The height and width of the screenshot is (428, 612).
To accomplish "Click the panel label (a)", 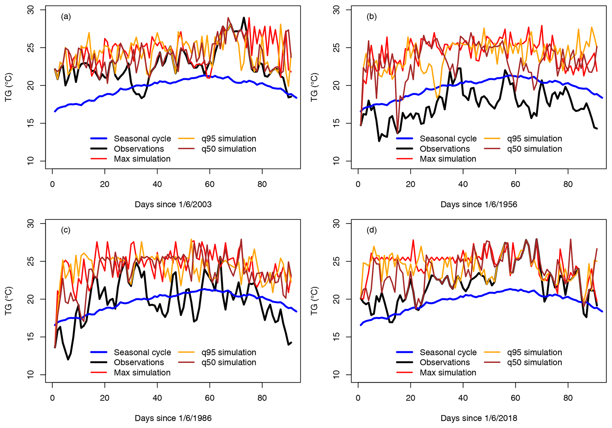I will pos(66,17).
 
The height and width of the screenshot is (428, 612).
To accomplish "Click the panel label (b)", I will pos(372,17).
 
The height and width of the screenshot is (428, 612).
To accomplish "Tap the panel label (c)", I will pos(66,230).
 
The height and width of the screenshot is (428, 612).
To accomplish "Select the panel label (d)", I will pos(372,230).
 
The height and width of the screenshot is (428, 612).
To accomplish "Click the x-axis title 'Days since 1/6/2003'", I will pos(173,204).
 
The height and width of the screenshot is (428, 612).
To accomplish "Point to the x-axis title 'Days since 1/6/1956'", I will pos(479,204).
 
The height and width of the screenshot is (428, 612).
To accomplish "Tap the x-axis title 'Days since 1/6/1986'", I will pos(173,418).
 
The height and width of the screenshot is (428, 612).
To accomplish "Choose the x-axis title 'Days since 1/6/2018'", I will pos(479,418).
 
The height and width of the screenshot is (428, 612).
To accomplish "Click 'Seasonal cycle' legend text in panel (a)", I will pos(142,139).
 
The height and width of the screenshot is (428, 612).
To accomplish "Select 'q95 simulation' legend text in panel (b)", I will pos(534,139).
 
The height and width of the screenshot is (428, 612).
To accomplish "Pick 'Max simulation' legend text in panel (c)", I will pos(142,372).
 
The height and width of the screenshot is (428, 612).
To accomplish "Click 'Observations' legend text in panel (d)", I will pos(445,362).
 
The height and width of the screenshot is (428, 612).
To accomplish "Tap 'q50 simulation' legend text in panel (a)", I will pos(229,149).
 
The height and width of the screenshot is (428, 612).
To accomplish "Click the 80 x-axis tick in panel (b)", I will pos(568,184).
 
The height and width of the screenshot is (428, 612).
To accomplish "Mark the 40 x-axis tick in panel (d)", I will pos(463,398).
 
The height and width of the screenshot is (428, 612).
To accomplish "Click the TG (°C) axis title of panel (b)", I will pos(314,88).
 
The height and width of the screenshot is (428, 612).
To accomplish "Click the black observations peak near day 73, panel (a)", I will pos(244,18).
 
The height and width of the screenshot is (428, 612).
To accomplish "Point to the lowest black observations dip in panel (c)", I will pos(68,359).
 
